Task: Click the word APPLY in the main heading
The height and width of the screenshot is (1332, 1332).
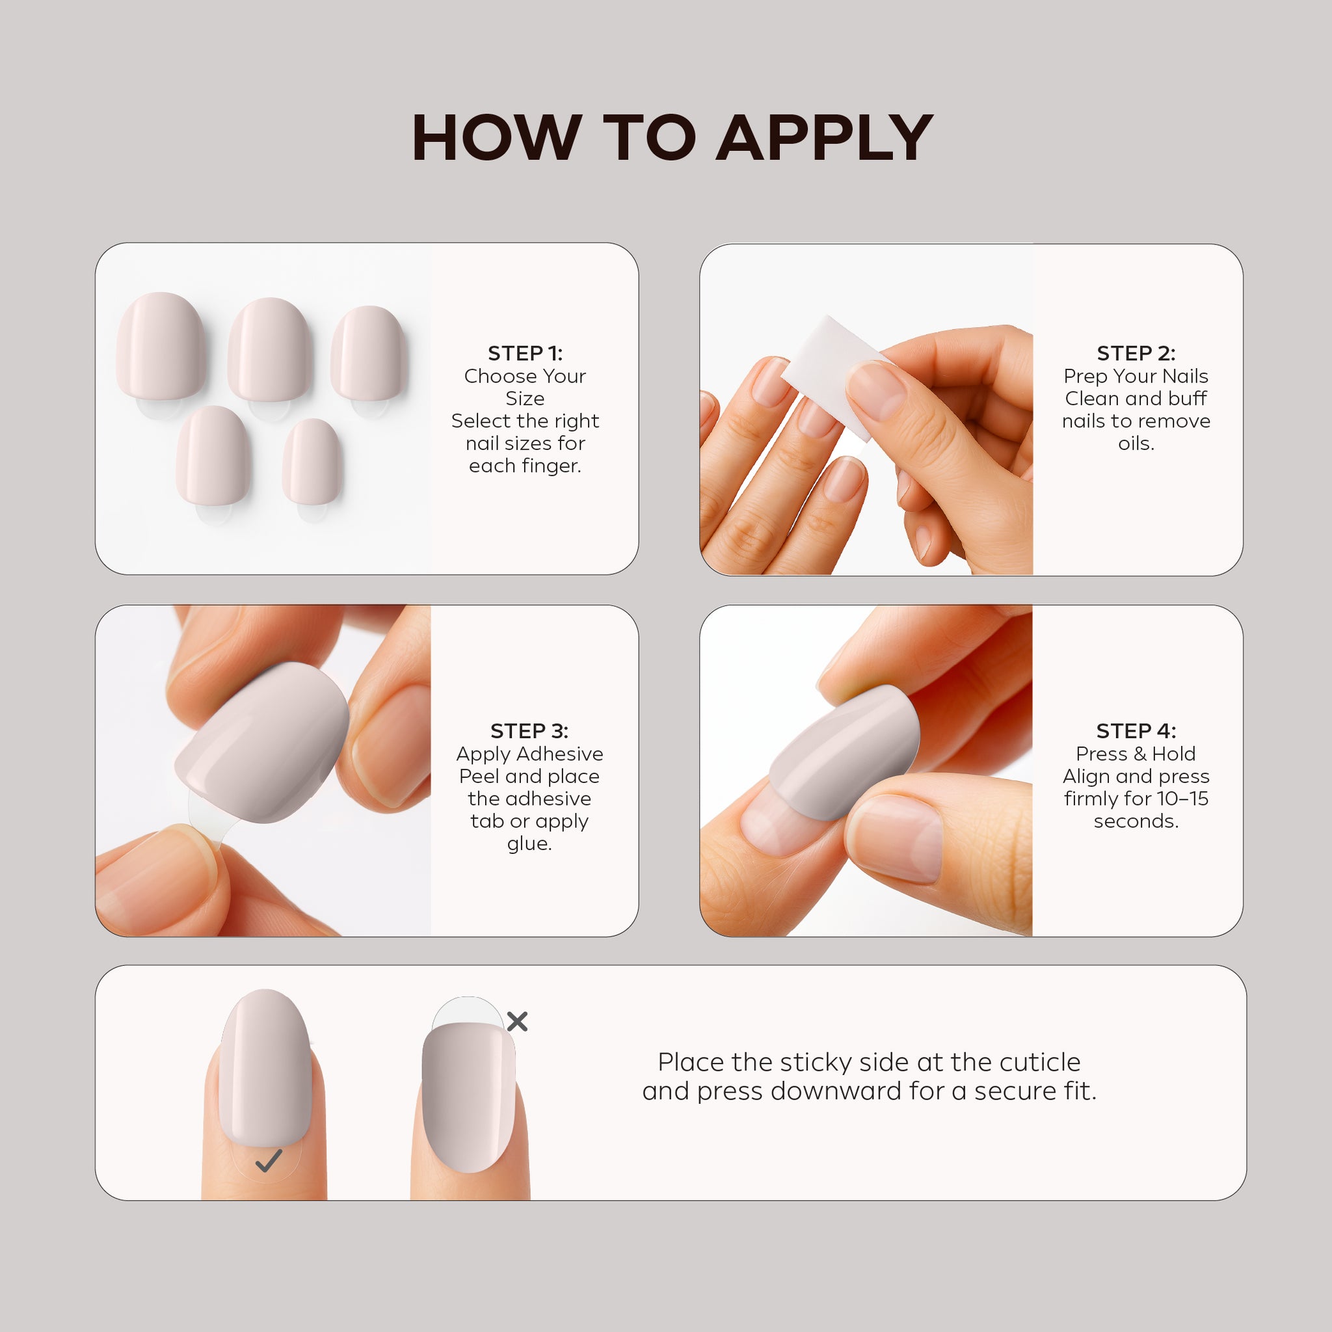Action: pyautogui.click(x=825, y=138)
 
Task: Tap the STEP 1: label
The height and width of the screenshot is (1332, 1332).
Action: pyautogui.click(x=525, y=353)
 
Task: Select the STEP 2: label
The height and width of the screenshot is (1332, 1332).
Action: pyautogui.click(x=1136, y=353)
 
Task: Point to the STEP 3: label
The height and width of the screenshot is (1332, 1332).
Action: pyautogui.click(x=529, y=730)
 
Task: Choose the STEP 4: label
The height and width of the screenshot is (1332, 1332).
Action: pyautogui.click(x=1136, y=730)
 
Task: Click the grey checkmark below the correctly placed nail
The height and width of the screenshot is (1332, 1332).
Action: pyautogui.click(x=268, y=1161)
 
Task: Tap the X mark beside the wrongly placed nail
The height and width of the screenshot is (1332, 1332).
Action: pyautogui.click(x=517, y=1021)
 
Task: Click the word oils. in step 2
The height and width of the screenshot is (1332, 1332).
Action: pyautogui.click(x=1136, y=444)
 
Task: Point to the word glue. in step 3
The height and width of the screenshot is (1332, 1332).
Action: pyautogui.click(x=529, y=844)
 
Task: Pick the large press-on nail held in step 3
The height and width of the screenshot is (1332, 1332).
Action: pyautogui.click(x=262, y=743)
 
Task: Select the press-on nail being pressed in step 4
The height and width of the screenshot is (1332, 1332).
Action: pyautogui.click(x=845, y=753)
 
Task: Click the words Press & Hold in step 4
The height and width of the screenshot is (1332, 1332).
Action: pyautogui.click(x=1136, y=754)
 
